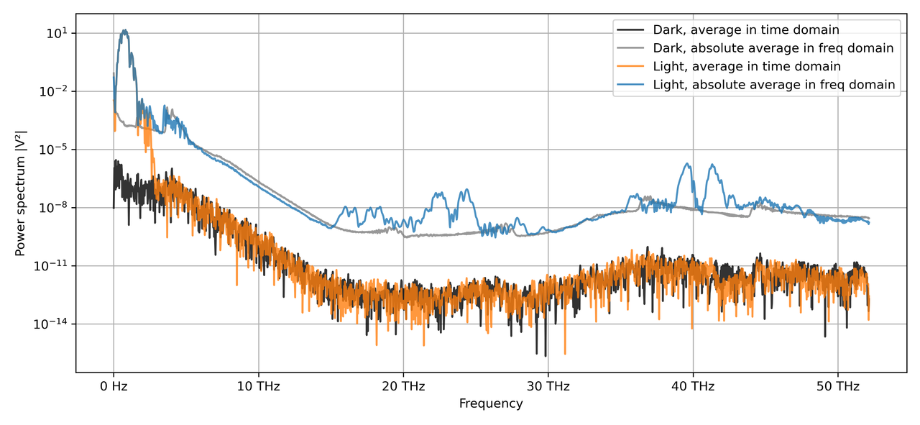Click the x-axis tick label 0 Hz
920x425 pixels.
114,386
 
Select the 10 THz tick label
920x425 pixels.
258,386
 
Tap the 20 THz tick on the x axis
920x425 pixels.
403,386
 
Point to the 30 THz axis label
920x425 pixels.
548,386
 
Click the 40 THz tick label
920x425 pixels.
693,386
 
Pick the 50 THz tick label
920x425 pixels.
837,386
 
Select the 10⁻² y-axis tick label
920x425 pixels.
55,91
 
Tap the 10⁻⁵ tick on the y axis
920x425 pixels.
55,150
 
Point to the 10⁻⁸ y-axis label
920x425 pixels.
55,208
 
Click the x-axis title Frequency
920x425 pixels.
491,404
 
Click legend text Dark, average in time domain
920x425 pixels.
746,30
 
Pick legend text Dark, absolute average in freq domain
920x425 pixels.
773,48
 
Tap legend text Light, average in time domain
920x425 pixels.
747,67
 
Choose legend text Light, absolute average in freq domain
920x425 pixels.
774,85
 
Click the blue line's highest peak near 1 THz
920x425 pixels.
125,30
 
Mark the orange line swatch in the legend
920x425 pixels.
631,67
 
